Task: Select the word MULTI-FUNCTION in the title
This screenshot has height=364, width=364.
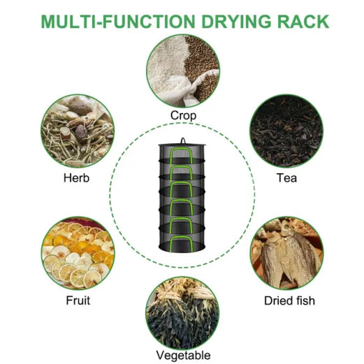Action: click(x=118, y=22)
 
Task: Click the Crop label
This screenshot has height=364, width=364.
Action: click(x=183, y=116)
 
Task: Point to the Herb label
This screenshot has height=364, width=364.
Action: click(x=76, y=178)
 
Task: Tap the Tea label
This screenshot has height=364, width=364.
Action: click(x=286, y=178)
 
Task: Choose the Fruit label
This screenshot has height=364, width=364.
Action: click(x=78, y=300)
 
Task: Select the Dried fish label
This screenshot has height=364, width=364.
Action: click(x=289, y=300)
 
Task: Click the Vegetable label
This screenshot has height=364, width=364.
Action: click(x=183, y=356)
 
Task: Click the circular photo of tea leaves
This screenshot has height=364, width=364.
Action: click(x=286, y=131)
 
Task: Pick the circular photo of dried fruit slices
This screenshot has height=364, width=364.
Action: click(x=78, y=254)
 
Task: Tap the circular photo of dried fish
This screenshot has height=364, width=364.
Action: click(x=287, y=254)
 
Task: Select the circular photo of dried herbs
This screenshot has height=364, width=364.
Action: click(x=78, y=131)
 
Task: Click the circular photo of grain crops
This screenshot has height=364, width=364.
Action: click(x=183, y=71)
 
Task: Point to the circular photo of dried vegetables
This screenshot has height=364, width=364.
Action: click(x=182, y=313)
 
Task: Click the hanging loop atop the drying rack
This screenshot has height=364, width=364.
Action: click(x=183, y=140)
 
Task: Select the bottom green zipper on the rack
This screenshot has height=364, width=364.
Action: click(x=181, y=243)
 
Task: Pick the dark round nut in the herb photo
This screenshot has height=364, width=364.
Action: click(x=81, y=131)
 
